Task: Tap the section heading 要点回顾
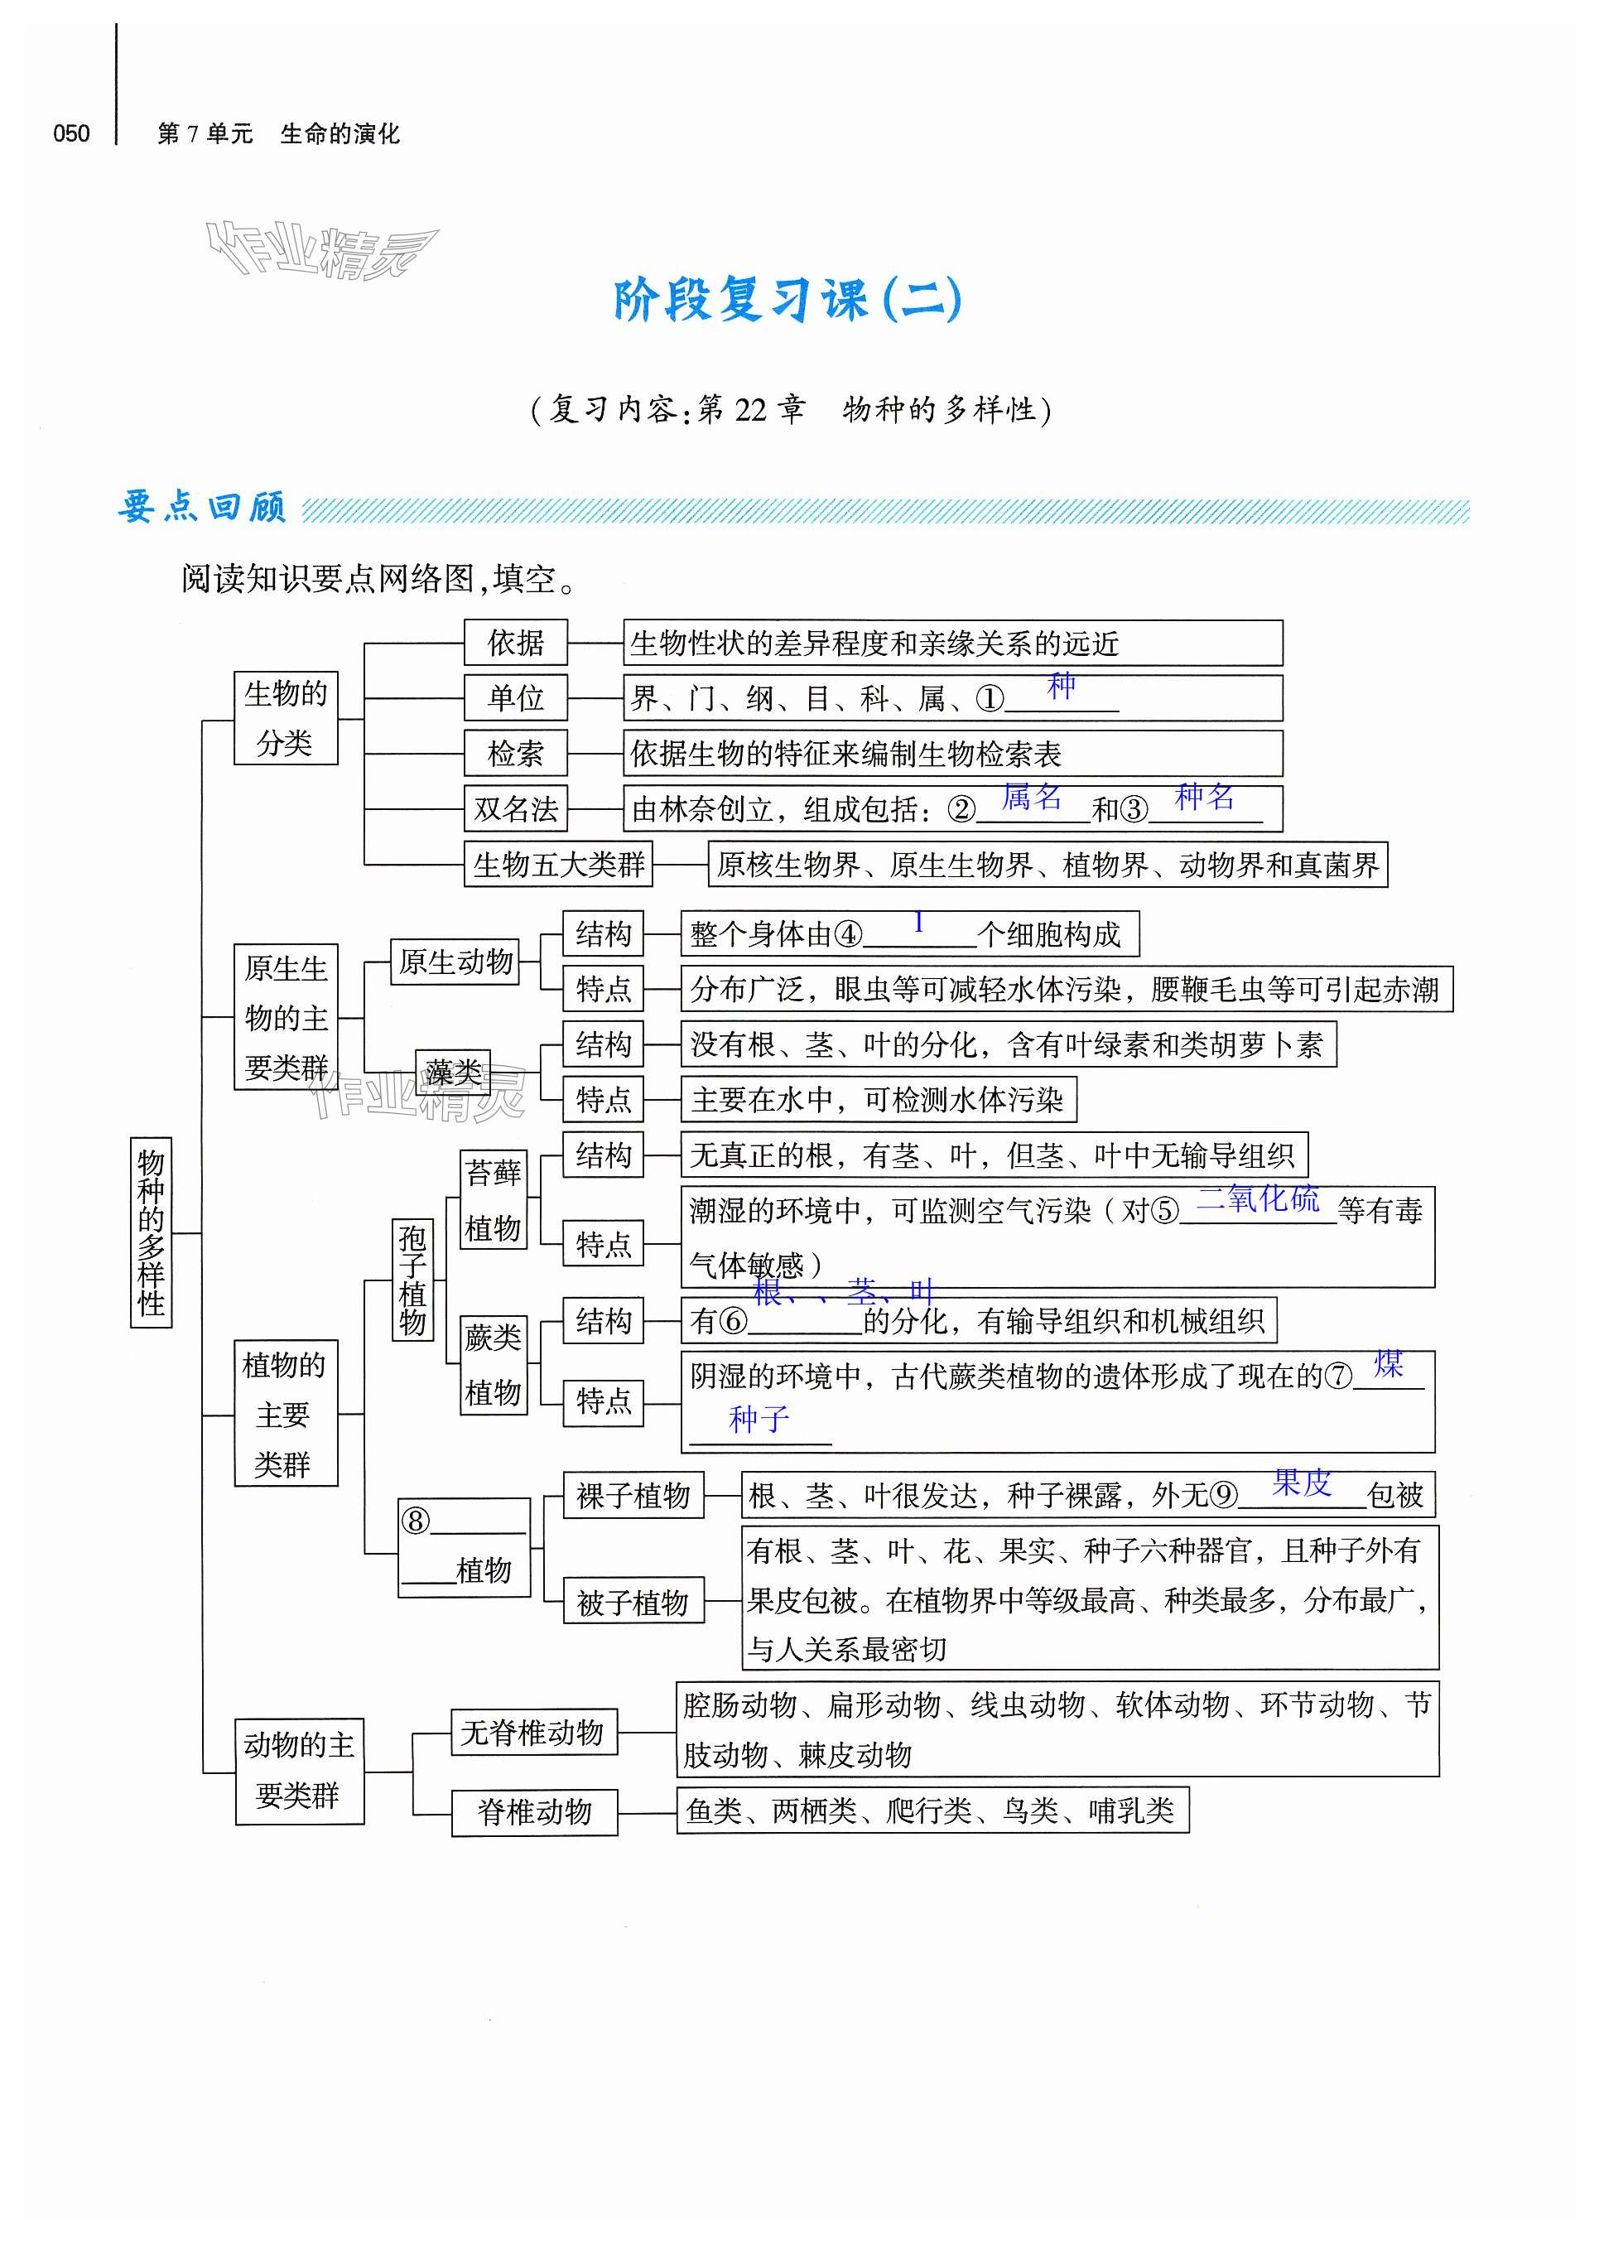[x=202, y=507]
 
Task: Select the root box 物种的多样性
[x=151, y=1232]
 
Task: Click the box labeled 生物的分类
[x=286, y=718]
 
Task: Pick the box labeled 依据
[x=516, y=643]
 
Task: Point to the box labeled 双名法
[x=516, y=808]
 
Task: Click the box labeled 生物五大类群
[x=558, y=865]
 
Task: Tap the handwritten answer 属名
[x=1032, y=796]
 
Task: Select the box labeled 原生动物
[x=456, y=961]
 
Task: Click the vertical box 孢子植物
[x=412, y=1278]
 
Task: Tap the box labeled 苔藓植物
[x=494, y=1199]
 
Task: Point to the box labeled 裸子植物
[x=633, y=1496]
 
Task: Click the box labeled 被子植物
[x=633, y=1602]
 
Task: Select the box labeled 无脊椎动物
[x=532, y=1732]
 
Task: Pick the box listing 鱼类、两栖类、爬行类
[x=932, y=1810]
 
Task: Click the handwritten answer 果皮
[x=1302, y=1482]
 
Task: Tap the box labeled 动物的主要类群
[x=299, y=1772]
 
